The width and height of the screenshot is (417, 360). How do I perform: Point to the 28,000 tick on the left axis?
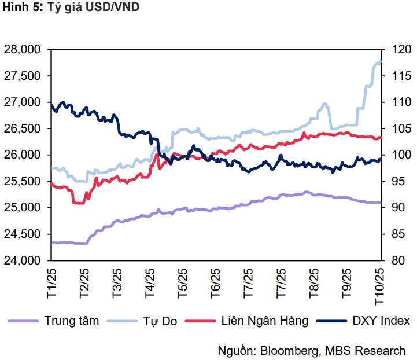[x=23, y=50]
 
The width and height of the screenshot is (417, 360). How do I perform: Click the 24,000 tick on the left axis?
[x=23, y=260]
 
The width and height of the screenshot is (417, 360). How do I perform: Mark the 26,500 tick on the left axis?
[x=23, y=128]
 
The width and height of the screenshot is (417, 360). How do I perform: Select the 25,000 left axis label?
[x=23, y=208]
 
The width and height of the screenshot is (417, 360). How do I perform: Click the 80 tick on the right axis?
[x=397, y=260]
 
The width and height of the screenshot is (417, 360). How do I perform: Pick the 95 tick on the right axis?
[x=397, y=181]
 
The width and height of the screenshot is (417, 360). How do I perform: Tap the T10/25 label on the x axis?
[x=379, y=282]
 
